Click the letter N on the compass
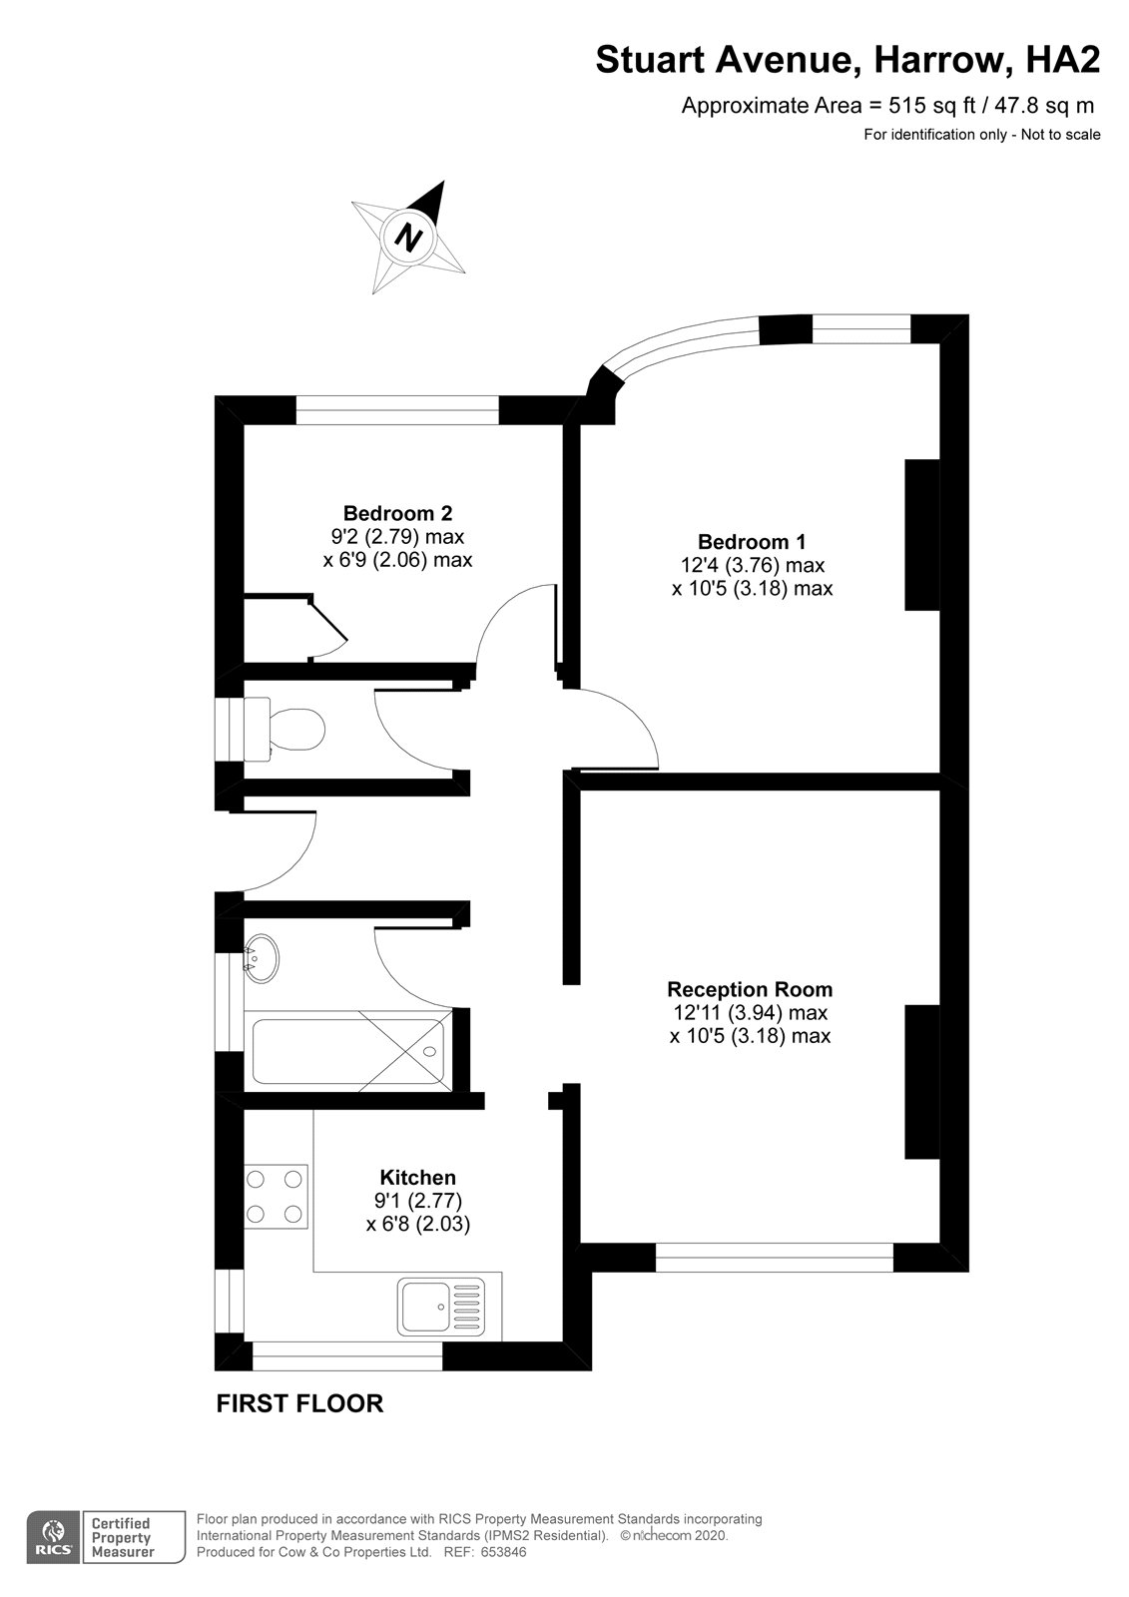(408, 238)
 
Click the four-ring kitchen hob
(275, 1196)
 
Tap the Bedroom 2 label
(397, 513)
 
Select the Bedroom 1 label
(752, 542)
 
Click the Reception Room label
(750, 989)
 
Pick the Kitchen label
(417, 1177)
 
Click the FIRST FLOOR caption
(299, 1403)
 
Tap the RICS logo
(52, 1537)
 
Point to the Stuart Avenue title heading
(847, 61)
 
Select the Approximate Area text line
(887, 105)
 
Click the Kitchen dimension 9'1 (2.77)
(417, 1200)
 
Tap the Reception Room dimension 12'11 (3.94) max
(750, 1012)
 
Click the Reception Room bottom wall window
(774, 1258)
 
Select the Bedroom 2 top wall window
(396, 410)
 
